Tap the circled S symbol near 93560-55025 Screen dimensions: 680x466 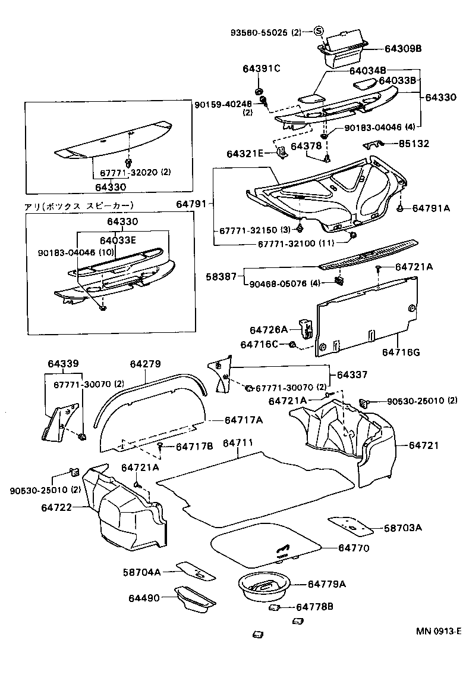[x=319, y=32]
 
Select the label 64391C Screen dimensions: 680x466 [x=261, y=68]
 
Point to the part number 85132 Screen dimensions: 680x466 [x=414, y=144]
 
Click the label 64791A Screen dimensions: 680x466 [x=431, y=208]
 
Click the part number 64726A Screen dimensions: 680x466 [x=268, y=329]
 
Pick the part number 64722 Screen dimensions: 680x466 [x=56, y=507]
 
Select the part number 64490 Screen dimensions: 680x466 [x=144, y=597]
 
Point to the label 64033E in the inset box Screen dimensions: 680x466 [x=119, y=241]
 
